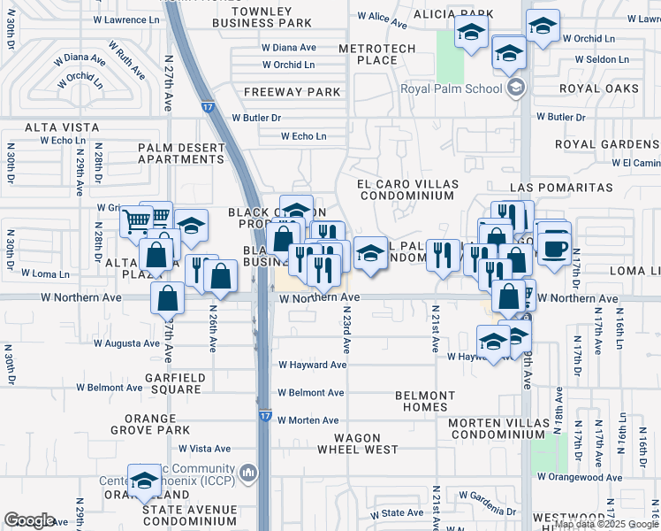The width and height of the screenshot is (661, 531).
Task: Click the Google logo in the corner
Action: click(x=29, y=520)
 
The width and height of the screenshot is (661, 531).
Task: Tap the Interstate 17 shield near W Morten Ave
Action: click(x=266, y=414)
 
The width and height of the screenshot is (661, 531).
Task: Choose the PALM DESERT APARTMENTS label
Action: click(x=180, y=153)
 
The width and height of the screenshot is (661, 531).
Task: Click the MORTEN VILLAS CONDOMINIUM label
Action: click(x=505, y=428)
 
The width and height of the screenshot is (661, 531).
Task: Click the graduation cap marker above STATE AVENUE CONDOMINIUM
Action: click(x=145, y=480)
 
